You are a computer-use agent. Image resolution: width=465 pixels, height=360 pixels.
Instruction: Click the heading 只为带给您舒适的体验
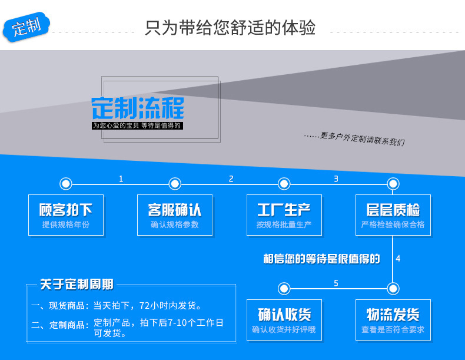pos(230,28)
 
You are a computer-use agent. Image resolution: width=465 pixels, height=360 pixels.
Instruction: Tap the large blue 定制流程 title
pos(138,108)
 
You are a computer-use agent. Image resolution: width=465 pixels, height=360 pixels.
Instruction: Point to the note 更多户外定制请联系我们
pos(355,138)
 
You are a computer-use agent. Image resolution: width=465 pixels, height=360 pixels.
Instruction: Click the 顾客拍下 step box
pos(66,215)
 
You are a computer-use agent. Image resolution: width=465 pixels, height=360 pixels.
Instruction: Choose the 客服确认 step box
pos(175,215)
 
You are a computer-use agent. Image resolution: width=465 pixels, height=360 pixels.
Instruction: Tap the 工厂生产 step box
pos(284,215)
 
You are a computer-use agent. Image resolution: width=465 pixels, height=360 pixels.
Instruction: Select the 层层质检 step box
pos(393,215)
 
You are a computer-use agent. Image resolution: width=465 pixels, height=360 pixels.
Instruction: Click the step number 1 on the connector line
pos(121,179)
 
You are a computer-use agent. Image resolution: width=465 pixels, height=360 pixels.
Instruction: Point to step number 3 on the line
pos(336,179)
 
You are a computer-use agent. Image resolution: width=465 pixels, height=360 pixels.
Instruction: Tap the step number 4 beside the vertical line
pos(398,259)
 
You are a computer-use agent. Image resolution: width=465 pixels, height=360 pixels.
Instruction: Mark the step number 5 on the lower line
pos(336,283)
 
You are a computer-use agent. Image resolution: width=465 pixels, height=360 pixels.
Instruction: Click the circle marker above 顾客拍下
pos(66,184)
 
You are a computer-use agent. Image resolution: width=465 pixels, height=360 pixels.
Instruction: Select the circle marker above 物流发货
pos(393,288)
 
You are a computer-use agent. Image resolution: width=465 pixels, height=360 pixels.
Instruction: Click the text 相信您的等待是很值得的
pos(321,259)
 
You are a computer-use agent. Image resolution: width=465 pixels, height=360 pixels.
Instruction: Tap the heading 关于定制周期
pos(77,285)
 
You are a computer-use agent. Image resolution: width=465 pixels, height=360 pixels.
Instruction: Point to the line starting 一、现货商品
pos(117,306)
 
